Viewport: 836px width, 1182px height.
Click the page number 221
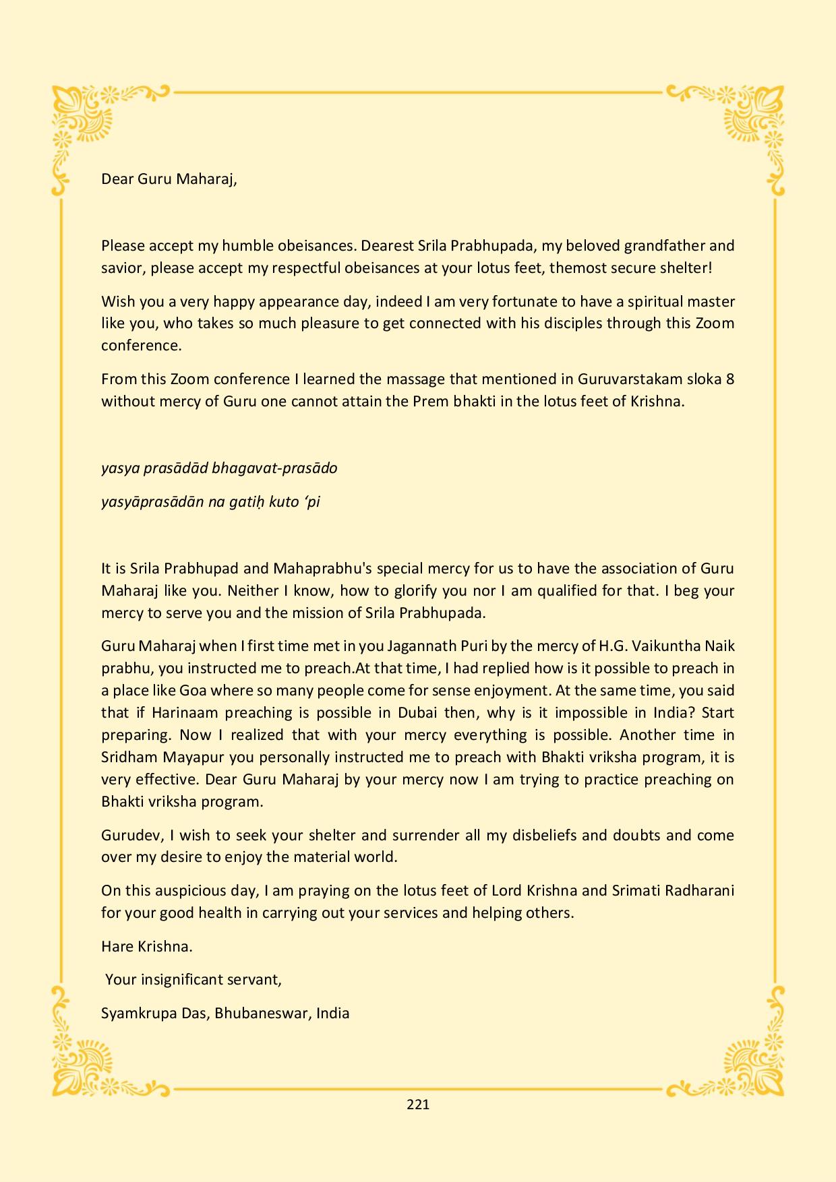pyautogui.click(x=418, y=1105)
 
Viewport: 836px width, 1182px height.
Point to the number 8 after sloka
pyautogui.click(x=729, y=379)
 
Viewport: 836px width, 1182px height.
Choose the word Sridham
pyautogui.click(x=129, y=757)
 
